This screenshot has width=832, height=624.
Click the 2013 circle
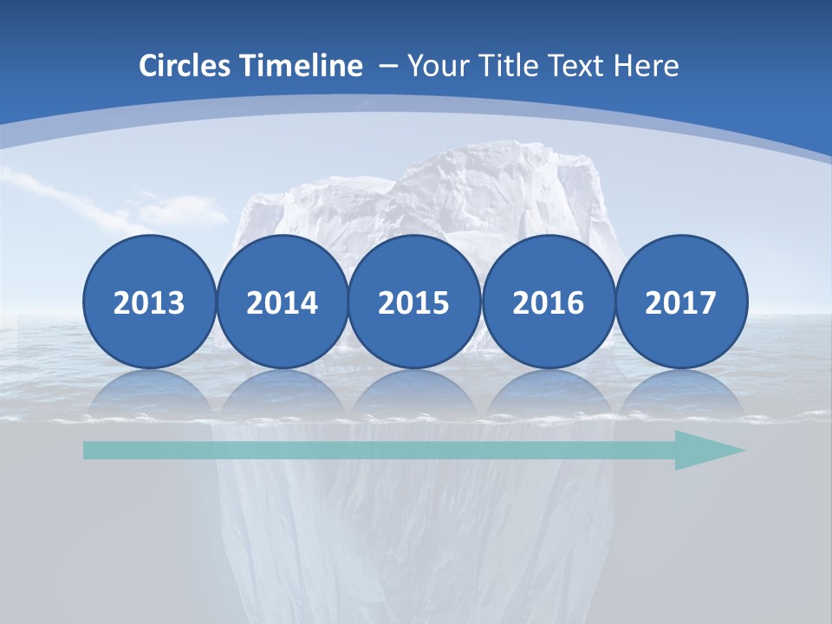[149, 302]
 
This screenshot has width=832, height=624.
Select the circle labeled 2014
[282, 302]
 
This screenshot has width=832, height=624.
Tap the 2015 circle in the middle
[414, 302]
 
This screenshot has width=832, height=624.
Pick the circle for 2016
[548, 302]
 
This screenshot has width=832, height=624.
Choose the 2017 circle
[680, 302]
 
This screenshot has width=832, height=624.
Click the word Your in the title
[433, 66]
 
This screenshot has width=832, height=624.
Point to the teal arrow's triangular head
[706, 450]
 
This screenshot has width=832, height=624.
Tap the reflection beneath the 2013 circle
[149, 390]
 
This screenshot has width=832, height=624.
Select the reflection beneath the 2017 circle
[680, 390]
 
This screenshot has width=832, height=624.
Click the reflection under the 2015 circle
[414, 390]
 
